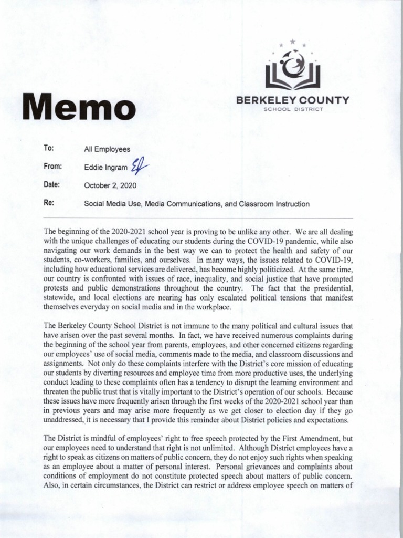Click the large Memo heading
point(78,107)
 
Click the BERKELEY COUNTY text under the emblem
point(292,100)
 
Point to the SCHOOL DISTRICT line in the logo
point(292,110)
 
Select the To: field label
point(50,149)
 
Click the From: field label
point(54,166)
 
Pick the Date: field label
point(52,184)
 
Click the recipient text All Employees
point(107,149)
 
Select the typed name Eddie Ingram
point(105,167)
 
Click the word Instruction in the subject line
point(291,203)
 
